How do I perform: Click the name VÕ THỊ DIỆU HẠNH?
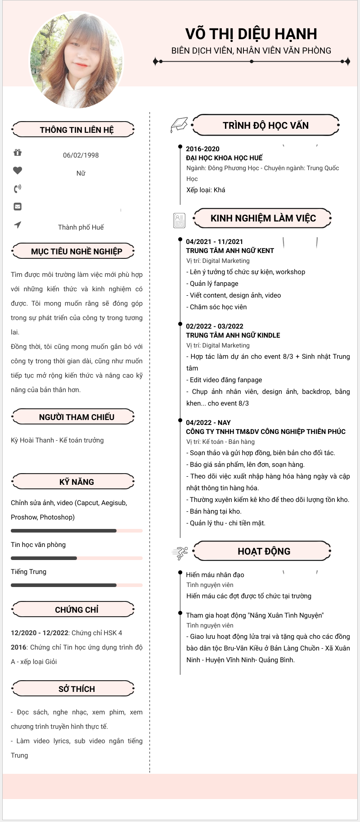(x=251, y=34)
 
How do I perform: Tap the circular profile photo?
(x=76, y=60)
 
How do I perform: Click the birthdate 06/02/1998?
(x=81, y=155)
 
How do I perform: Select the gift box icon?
(x=18, y=153)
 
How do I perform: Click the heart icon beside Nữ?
(x=18, y=171)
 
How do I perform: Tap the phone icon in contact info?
(x=18, y=189)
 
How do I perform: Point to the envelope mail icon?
(x=18, y=207)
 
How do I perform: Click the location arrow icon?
(x=18, y=225)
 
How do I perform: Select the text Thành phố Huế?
(x=81, y=227)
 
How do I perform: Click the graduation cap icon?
(x=179, y=125)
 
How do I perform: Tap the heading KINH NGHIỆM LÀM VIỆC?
(x=263, y=218)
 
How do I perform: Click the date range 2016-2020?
(x=202, y=149)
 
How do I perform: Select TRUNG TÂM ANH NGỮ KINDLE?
(x=233, y=335)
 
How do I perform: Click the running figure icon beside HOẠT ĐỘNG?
(x=180, y=553)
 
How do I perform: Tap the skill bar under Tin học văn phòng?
(x=76, y=558)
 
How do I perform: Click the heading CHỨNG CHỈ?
(x=76, y=610)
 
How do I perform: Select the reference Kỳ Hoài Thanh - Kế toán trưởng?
(x=57, y=440)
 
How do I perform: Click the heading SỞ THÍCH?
(x=76, y=689)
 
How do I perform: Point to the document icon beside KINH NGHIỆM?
(x=179, y=220)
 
